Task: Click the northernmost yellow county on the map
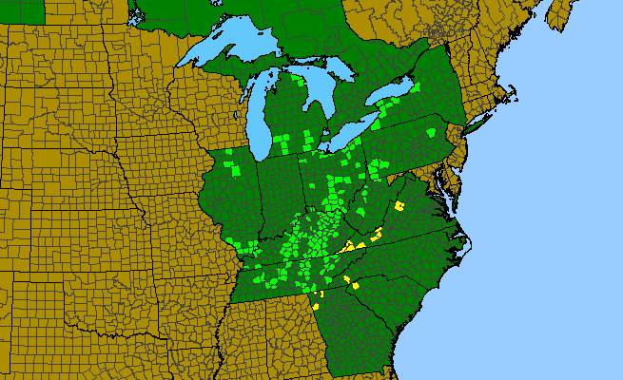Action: [x=399, y=204]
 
